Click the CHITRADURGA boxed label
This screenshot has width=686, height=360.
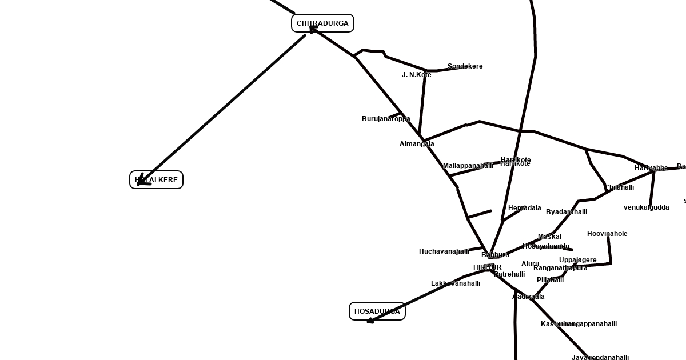point(322,23)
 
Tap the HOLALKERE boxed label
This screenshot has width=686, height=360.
point(156,180)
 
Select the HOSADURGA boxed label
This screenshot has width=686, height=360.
point(377,311)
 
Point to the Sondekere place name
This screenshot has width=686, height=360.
point(465,66)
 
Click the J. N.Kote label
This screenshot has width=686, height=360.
point(416,75)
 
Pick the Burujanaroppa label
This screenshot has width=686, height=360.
point(386,119)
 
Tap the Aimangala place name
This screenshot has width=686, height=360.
point(417,144)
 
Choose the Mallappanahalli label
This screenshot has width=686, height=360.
point(468,166)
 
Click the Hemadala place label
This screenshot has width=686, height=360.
point(524,208)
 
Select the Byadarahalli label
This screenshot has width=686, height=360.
point(566,212)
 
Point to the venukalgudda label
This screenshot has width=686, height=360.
point(646,207)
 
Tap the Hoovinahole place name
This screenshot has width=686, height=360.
point(607,234)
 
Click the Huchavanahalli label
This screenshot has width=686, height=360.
point(444,251)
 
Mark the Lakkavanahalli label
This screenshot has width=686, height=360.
point(455,283)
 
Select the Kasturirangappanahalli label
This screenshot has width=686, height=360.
point(579,324)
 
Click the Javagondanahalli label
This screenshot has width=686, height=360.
point(600,358)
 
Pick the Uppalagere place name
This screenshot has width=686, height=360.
point(577,260)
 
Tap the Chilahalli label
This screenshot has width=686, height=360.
point(619,187)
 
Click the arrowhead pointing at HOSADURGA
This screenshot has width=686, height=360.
point(370,321)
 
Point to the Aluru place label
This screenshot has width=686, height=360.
point(530,264)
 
